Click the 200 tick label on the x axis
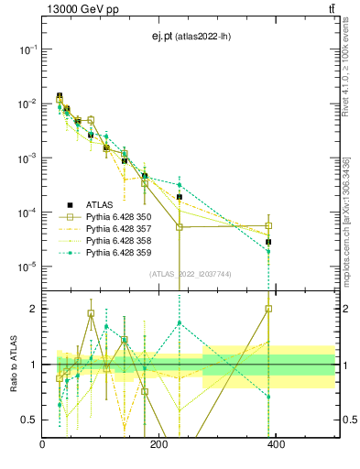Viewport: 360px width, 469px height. click(x=159, y=444)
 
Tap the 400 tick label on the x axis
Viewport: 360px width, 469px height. click(x=276, y=444)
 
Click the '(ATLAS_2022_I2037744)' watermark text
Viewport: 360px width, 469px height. click(x=190, y=274)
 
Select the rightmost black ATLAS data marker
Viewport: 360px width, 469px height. click(x=268, y=242)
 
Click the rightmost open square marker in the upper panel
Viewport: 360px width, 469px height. click(x=268, y=225)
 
